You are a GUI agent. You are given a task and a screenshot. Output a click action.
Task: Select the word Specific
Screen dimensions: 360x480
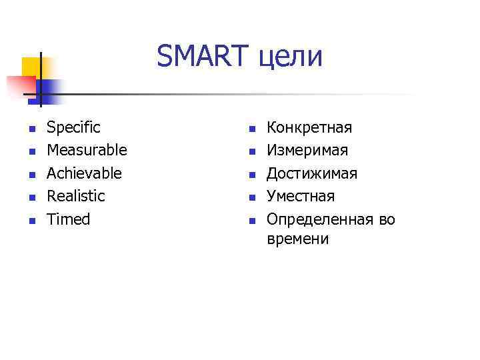73,127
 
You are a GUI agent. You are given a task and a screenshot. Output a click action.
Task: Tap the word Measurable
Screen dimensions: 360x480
86,150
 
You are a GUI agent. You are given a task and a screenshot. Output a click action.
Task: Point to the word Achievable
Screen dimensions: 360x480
84,173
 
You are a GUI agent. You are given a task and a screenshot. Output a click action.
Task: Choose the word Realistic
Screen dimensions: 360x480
75,196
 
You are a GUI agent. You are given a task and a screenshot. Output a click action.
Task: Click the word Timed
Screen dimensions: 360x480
68,219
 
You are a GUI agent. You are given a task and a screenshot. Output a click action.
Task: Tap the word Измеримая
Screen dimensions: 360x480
307,151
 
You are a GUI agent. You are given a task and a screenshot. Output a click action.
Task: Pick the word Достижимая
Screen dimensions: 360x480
311,173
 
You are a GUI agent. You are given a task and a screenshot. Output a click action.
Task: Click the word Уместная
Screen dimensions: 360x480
300,196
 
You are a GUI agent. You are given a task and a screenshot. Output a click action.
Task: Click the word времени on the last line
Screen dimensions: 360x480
297,239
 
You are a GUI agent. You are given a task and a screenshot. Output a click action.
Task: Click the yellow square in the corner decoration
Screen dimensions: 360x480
31,67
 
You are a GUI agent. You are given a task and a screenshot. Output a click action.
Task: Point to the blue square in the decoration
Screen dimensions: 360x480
50,89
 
